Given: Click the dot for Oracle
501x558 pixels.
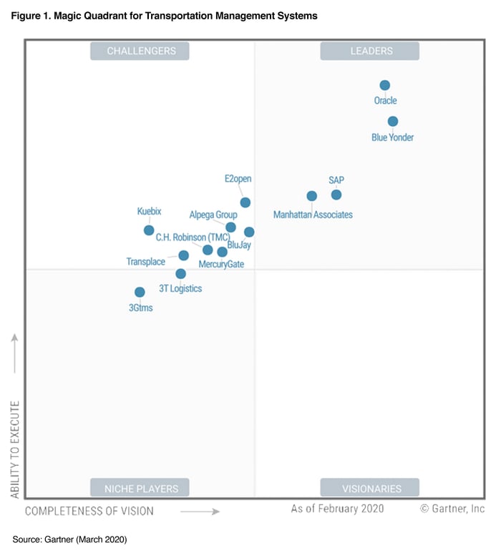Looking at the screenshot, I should point(385,85).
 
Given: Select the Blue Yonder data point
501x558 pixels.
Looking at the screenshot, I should point(393,122).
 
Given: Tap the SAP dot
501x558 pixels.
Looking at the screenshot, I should point(336,195).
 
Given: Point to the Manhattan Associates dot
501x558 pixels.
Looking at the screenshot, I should point(312,196).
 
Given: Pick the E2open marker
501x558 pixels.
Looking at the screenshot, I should point(245,202).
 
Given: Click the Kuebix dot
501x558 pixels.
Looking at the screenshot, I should point(149,230).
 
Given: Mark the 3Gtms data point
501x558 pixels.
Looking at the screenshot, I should point(140,292).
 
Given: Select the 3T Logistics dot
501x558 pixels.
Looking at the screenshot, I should point(181,273).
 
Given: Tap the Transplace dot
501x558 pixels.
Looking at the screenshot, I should point(184,255).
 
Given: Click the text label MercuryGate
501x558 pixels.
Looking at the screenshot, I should point(221,265).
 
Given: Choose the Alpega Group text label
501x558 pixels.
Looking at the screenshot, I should point(213,215).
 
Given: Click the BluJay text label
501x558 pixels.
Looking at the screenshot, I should point(238,245).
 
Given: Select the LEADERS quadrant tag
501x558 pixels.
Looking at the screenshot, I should point(369,51).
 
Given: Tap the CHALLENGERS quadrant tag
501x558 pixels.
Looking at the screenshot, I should point(140,51).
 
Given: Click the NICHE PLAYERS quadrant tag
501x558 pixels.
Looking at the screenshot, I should point(140,489).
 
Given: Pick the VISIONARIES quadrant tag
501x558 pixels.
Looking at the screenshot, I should point(369,489).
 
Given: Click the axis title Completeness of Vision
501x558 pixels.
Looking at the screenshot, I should point(89,511).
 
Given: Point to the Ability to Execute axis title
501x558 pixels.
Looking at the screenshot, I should point(14,449).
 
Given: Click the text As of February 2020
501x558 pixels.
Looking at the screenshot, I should point(337,509).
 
